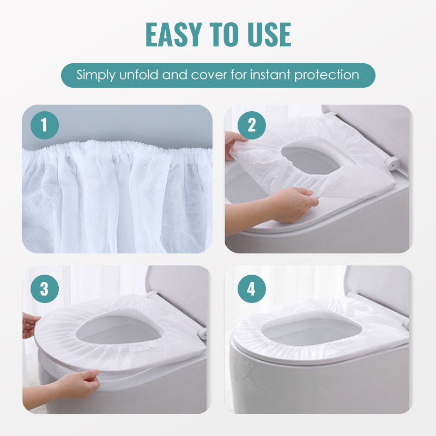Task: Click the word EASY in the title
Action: tap(174, 34)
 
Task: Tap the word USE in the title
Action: tap(269, 34)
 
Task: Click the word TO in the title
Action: tap(225, 34)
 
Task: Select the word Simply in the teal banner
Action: tap(96, 75)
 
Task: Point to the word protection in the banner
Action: tap(326, 75)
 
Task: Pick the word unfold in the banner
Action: tap(138, 75)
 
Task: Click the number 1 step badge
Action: tap(45, 125)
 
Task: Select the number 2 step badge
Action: tap(252, 125)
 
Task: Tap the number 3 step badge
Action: tap(45, 289)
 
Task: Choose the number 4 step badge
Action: tap(252, 289)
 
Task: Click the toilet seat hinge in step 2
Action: tap(391, 163)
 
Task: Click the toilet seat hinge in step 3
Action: tap(202, 332)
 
